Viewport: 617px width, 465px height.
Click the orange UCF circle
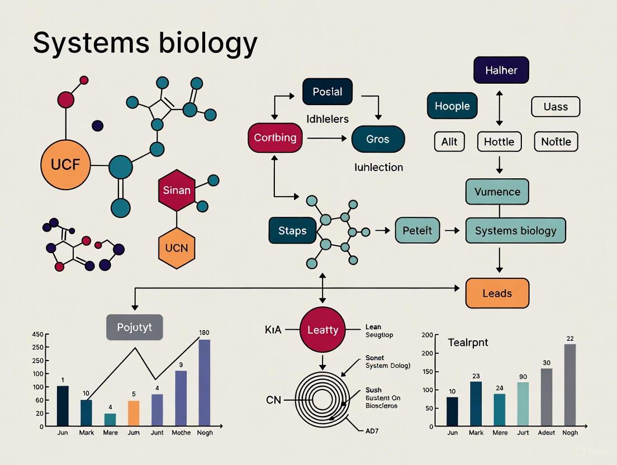click(65, 165)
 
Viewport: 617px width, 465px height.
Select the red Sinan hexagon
click(177, 190)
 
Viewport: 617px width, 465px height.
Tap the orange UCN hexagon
click(177, 246)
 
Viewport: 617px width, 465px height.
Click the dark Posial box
click(328, 92)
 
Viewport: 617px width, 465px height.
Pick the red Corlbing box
click(275, 137)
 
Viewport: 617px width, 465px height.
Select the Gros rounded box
click(378, 139)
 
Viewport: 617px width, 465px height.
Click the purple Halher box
click(501, 70)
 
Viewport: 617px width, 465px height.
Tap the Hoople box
click(452, 106)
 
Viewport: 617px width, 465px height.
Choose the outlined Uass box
click(556, 106)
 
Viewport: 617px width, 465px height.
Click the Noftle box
click(556, 142)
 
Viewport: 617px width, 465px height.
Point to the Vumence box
click(497, 192)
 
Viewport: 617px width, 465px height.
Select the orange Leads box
click(497, 293)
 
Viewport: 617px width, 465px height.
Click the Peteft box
click(417, 230)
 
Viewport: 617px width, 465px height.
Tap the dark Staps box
click(292, 231)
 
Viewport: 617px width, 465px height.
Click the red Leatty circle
click(322, 330)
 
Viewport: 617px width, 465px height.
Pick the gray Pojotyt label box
click(134, 327)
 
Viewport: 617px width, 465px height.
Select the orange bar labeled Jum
click(134, 413)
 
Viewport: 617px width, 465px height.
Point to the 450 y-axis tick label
click(37, 335)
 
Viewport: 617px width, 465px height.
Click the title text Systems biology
click(145, 42)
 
